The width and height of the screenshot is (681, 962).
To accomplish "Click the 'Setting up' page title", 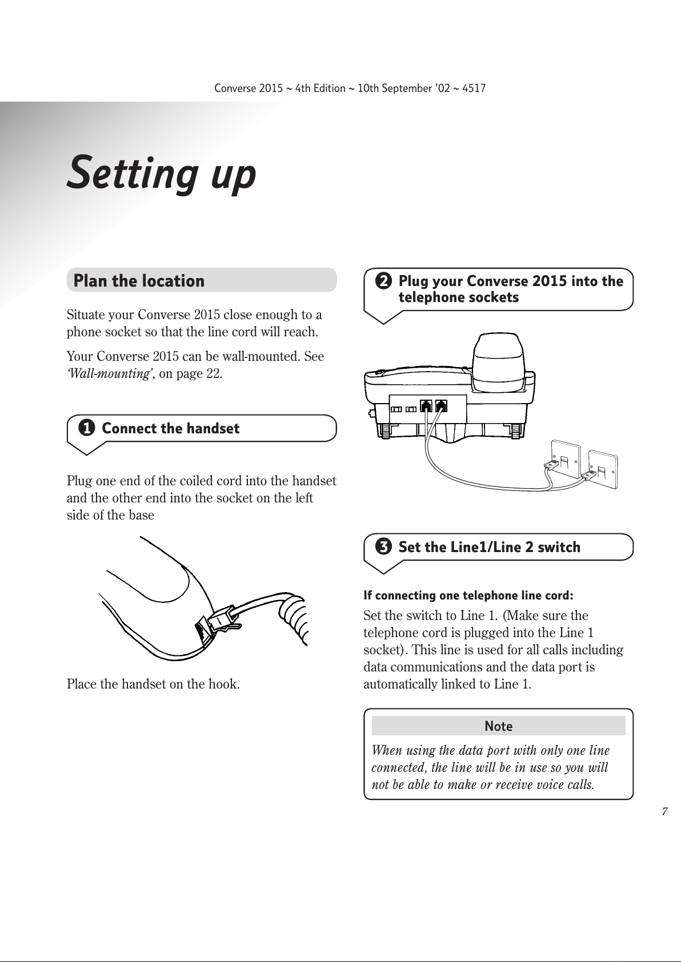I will tap(162, 173).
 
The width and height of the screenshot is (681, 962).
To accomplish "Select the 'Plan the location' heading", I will tap(139, 280).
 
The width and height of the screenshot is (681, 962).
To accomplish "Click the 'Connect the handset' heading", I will tap(170, 428).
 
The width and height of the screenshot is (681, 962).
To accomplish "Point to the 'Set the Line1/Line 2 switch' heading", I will tap(489, 547).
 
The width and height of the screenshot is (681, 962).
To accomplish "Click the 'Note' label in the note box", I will tap(498, 726).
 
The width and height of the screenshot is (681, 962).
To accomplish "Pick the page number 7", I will tap(664, 812).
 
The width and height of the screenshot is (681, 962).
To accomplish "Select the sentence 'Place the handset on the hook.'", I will tap(153, 683).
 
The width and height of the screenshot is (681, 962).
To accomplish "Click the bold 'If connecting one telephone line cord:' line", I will tap(468, 595).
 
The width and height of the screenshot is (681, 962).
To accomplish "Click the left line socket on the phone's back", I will tap(426, 406).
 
